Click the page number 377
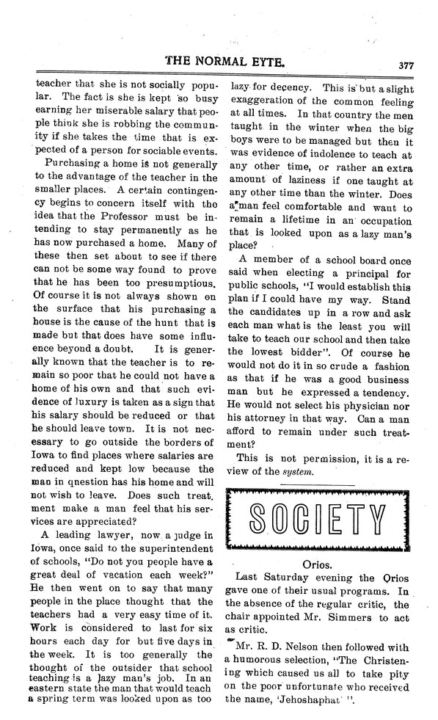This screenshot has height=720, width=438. coord(406,64)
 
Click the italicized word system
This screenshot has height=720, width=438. coord(300,471)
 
